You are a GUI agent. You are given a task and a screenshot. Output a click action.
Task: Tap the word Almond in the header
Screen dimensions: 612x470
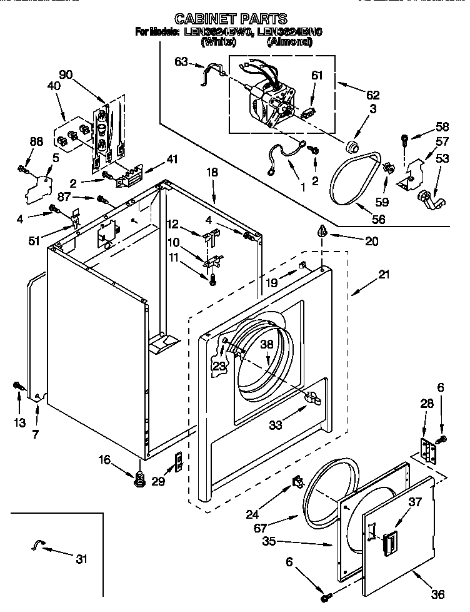click(x=289, y=43)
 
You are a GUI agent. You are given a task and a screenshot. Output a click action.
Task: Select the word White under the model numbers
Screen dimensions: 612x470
click(x=218, y=43)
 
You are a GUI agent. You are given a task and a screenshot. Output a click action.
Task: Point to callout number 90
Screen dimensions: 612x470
click(x=66, y=75)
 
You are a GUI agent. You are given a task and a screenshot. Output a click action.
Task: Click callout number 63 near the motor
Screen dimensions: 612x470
click(x=181, y=61)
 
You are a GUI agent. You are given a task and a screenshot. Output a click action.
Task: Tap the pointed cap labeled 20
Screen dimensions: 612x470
click(x=322, y=231)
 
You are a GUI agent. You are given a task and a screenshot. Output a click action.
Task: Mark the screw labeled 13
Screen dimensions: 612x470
click(x=17, y=386)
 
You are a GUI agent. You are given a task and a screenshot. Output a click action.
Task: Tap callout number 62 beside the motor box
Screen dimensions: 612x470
click(x=373, y=95)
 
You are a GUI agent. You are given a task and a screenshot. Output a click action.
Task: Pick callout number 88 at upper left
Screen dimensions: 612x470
click(x=37, y=142)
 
